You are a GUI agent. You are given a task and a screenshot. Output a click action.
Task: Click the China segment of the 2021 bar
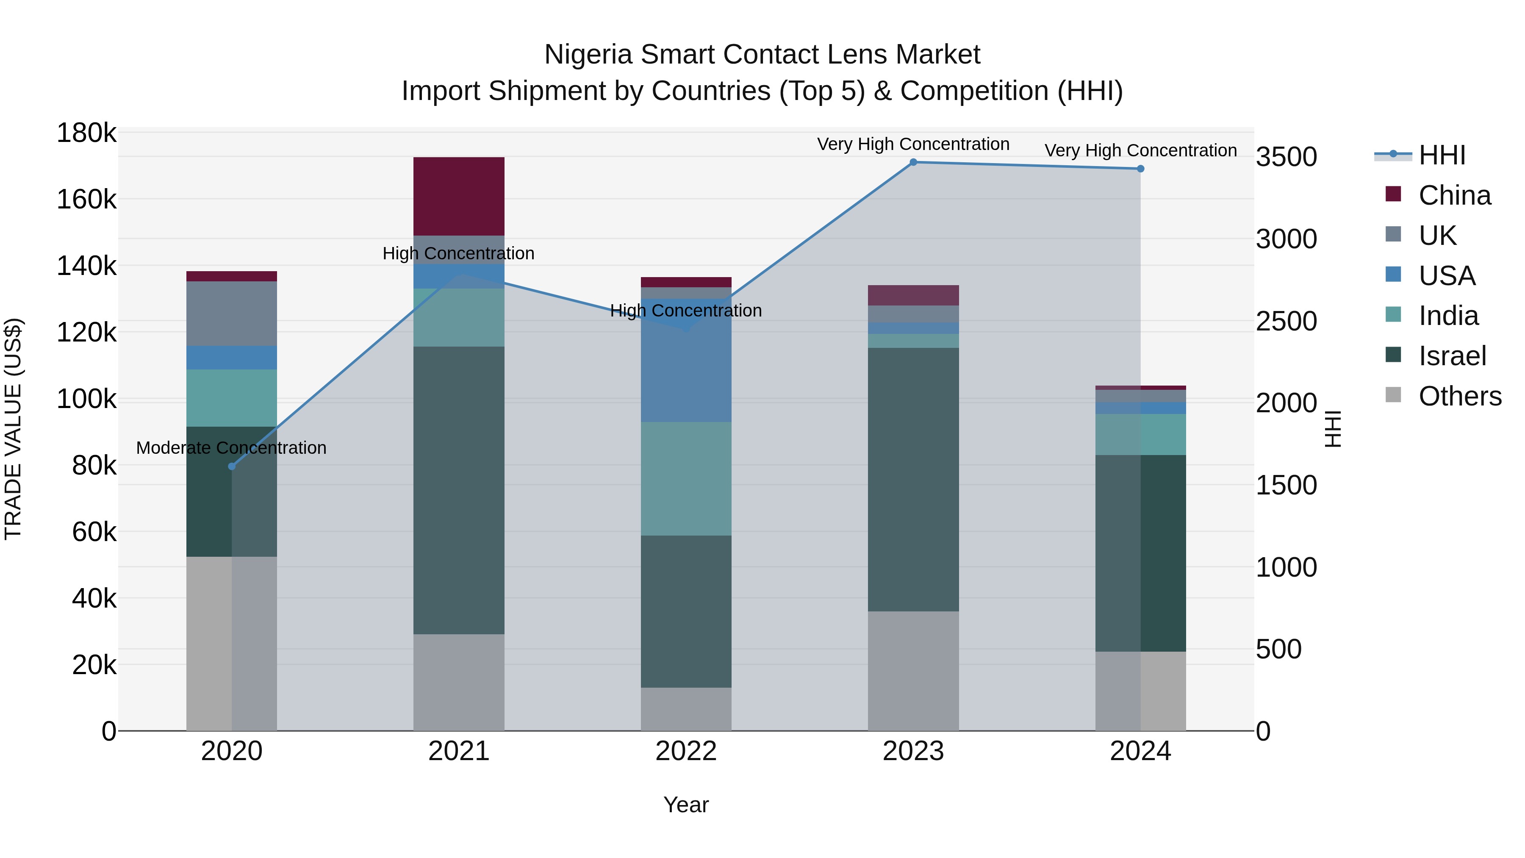tap(459, 196)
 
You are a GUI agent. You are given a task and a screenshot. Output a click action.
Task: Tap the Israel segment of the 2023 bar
tap(913, 479)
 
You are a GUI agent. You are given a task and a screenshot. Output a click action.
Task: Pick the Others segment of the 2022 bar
tap(686, 709)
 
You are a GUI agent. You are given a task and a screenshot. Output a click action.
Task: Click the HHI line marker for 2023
tap(913, 162)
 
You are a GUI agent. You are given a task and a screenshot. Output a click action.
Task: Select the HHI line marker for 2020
tap(231, 466)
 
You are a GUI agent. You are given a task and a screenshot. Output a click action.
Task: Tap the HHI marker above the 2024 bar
tap(1140, 169)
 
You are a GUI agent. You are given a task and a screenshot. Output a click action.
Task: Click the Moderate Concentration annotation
tap(231, 448)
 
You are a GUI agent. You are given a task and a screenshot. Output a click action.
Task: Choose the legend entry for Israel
tap(1452, 356)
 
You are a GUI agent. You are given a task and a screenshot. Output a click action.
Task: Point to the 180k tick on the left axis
tap(86, 133)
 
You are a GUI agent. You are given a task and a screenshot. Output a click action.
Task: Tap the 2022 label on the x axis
tap(686, 751)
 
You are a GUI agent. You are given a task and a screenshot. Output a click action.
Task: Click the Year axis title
tap(686, 805)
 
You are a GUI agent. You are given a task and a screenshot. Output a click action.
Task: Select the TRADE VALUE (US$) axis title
tap(13, 429)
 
